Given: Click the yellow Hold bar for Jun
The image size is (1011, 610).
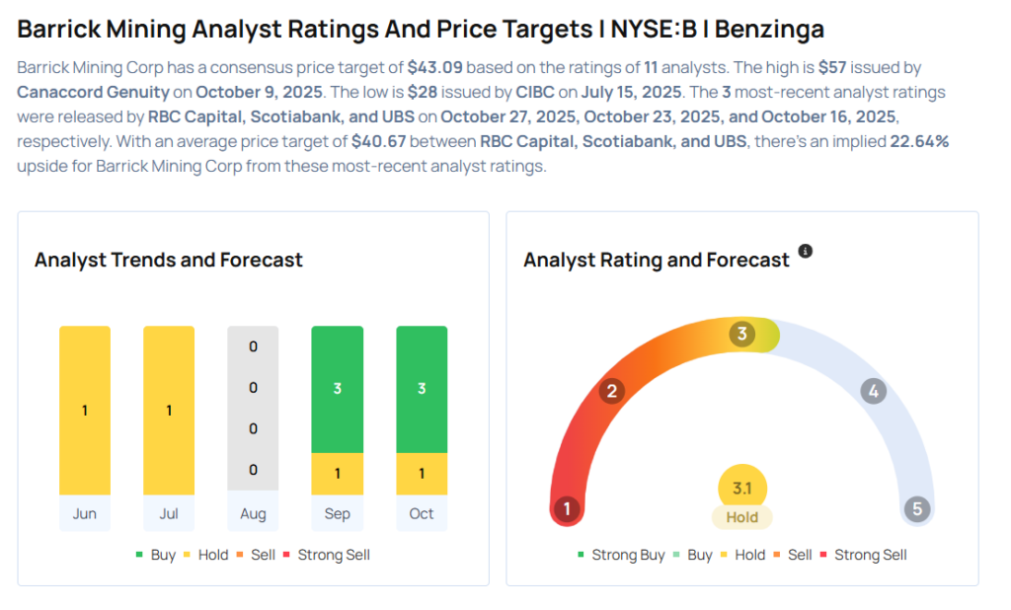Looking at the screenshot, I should [x=85, y=410].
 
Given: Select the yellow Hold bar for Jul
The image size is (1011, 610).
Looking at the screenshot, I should [x=169, y=410].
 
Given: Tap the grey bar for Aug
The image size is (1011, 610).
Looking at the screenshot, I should [x=253, y=409].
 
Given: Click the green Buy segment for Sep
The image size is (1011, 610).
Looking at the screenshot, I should [x=337, y=389].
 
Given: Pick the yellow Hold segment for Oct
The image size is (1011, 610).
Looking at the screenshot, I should [x=422, y=474].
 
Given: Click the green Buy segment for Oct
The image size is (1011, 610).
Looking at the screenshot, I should [x=422, y=389].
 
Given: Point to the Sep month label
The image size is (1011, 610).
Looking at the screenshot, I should [x=337, y=513].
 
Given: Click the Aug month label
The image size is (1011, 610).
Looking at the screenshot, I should [x=253, y=513].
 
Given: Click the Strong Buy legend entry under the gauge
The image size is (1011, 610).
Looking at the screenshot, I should [x=620, y=555].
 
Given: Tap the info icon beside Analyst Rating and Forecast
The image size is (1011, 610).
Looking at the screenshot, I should [x=806, y=252].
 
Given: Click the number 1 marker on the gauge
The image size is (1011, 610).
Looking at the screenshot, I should [x=567, y=509].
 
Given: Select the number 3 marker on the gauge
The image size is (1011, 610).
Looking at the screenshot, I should [x=742, y=334].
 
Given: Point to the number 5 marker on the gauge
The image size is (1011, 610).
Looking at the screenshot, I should [x=917, y=509].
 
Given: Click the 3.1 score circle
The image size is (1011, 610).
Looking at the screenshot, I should [x=742, y=488].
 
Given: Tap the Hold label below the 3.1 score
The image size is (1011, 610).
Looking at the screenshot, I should [x=742, y=517].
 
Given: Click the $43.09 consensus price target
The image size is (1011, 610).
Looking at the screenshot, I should [x=434, y=67].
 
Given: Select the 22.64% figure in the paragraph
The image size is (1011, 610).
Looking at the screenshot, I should [x=918, y=141].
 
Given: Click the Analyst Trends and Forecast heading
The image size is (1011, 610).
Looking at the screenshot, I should [x=169, y=261].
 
